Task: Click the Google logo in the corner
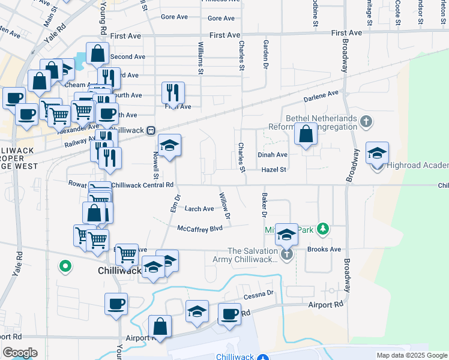[20, 353]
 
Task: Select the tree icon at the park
[324, 229]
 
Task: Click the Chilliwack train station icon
[152, 130]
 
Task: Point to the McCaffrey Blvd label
[200, 228]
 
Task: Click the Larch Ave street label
[199, 209]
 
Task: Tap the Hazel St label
[274, 170]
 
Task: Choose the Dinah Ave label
[273, 154]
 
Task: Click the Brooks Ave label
[324, 250]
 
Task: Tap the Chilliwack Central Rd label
[142, 185]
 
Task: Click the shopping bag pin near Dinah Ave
[306, 134]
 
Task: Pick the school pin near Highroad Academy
[377, 153]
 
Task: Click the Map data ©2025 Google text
[411, 355]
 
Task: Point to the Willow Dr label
[225, 205]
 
